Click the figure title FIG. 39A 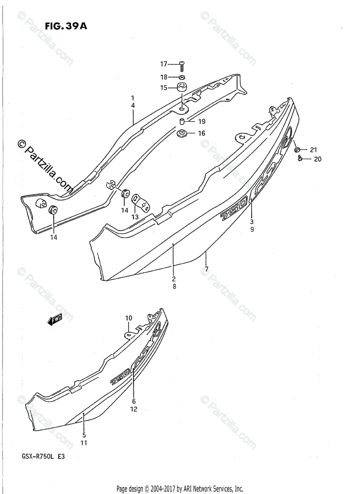pos(66,27)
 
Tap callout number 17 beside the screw pos(164,64)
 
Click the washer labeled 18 pos(182,77)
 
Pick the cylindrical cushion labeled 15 pos(182,88)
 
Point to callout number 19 pos(201,121)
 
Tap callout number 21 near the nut pos(314,149)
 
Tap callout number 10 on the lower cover pos(129,318)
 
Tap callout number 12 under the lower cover pos(134,409)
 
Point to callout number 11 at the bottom pos(84,443)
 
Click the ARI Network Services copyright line pos(180,489)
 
